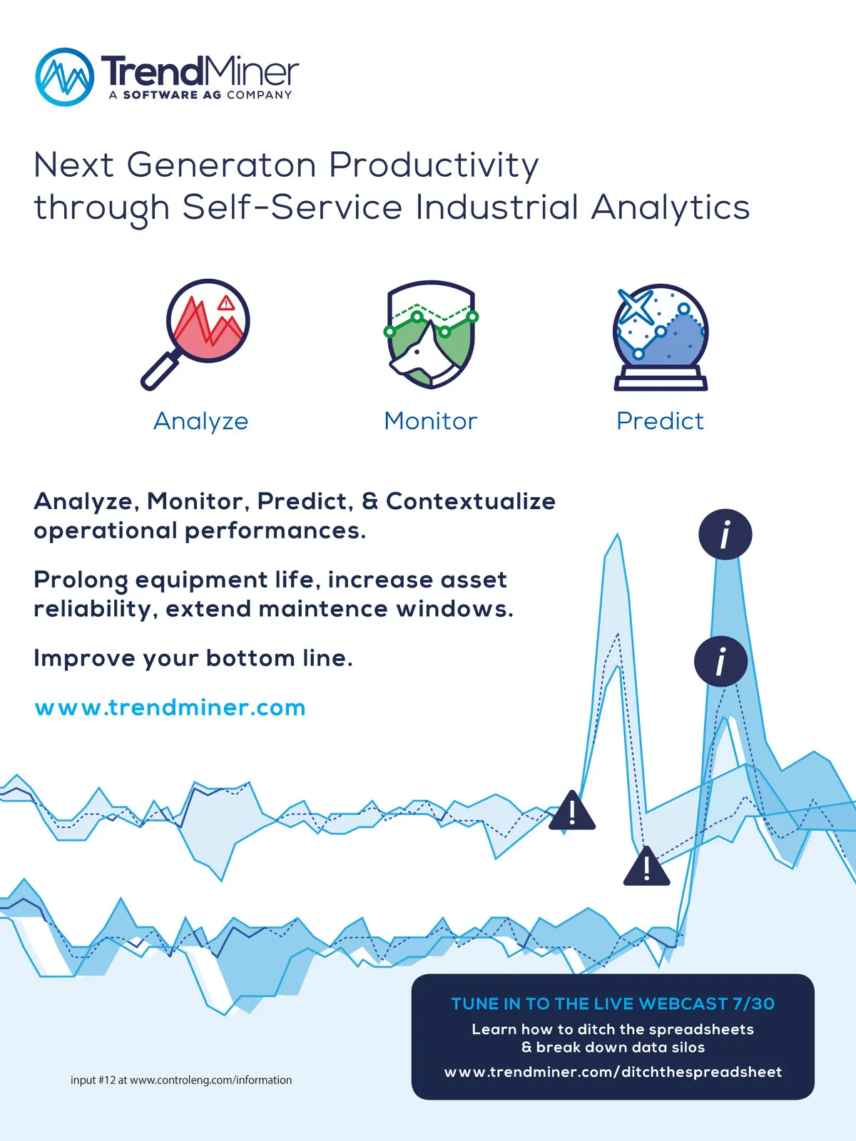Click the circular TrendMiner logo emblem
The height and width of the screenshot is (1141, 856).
click(x=65, y=77)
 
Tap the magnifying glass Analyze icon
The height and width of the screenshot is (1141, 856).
click(x=195, y=334)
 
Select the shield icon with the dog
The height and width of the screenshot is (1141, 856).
click(x=431, y=334)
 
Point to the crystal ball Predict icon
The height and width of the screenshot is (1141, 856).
click(x=661, y=337)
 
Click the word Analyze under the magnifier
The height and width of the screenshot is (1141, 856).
click(x=200, y=421)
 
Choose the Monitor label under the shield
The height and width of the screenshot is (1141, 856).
click(x=430, y=421)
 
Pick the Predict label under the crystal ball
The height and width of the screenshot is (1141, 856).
click(x=660, y=421)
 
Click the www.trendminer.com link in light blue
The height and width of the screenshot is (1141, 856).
click(x=170, y=707)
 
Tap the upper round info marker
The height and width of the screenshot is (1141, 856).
click(x=725, y=534)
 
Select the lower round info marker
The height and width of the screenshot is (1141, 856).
click(x=721, y=661)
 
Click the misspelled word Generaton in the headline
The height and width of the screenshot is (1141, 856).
click(x=221, y=165)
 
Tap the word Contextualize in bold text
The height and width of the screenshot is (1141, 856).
click(x=471, y=501)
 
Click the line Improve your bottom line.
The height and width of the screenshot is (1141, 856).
click(x=193, y=658)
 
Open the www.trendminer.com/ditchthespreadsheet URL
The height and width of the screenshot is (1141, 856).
click(x=613, y=1072)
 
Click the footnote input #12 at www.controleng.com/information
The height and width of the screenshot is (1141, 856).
click(x=181, y=1080)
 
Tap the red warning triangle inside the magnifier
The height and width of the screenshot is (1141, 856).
click(x=225, y=302)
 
